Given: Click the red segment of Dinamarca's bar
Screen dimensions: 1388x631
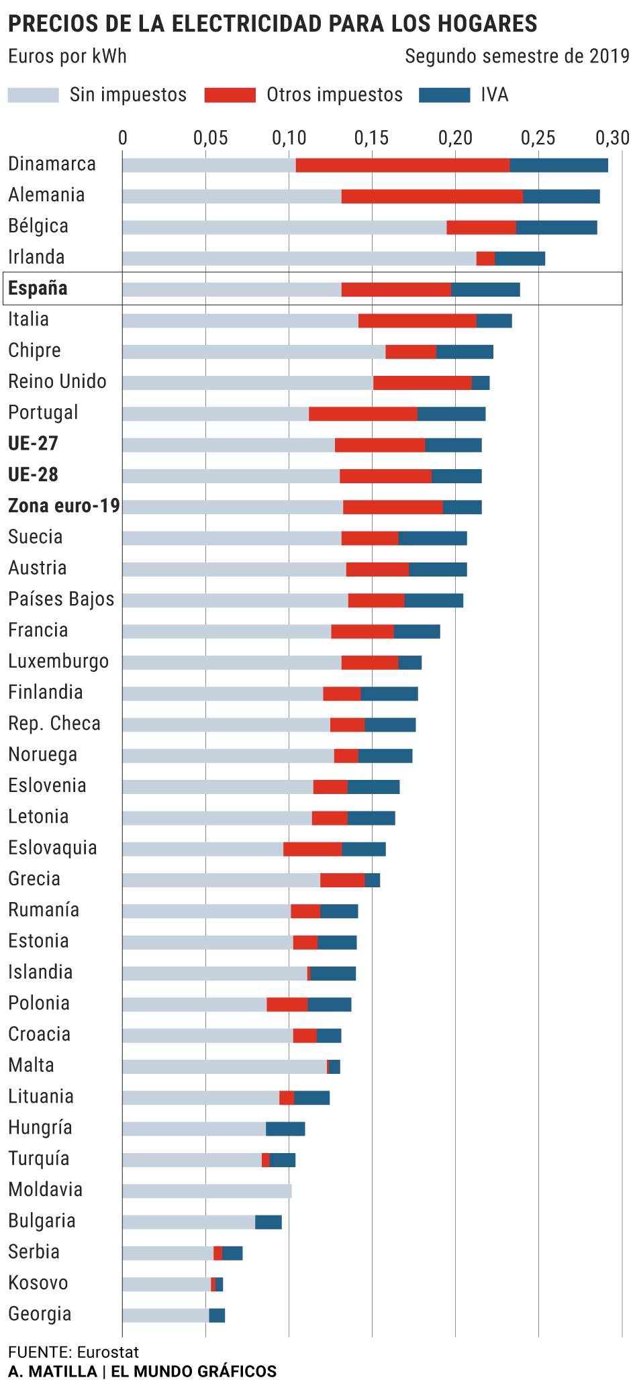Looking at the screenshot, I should [403, 165].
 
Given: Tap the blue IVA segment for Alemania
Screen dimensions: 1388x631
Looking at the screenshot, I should [561, 197].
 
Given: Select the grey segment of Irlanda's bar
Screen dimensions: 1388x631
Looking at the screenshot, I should [299, 258].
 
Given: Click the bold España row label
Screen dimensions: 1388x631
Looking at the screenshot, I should [38, 289].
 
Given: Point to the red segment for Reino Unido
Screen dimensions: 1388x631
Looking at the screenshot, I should [422, 383].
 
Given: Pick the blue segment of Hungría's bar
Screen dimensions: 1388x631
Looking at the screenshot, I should [285, 1129].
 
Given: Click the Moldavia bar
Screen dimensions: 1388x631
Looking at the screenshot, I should [207, 1191].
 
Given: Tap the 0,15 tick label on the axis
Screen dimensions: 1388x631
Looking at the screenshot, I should [372, 138].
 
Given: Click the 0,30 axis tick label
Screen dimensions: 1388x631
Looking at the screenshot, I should [612, 138].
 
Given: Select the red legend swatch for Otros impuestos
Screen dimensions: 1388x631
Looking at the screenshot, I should [230, 95].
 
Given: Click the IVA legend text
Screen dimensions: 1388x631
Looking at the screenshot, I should [494, 95].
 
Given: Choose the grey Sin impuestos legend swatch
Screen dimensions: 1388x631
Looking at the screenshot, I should [34, 95].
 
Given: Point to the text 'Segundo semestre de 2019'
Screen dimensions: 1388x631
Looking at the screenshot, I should [517, 56].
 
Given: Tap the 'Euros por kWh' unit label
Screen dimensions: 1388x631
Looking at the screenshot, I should [67, 56].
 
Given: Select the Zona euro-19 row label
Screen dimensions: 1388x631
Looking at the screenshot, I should [64, 506].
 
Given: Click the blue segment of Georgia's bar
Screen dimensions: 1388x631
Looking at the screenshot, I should [217, 1316].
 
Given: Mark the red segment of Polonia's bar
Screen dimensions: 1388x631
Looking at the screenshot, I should [287, 1005].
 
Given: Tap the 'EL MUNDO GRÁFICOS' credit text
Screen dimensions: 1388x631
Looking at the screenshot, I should [193, 1371].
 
